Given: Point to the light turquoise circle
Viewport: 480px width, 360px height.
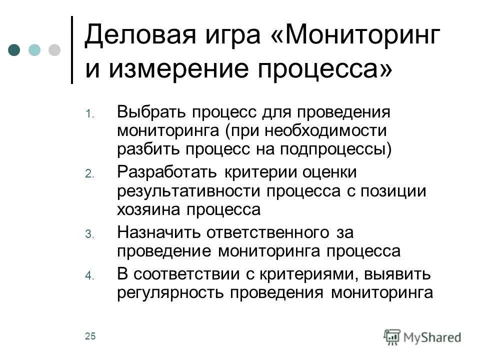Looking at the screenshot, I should [34, 50].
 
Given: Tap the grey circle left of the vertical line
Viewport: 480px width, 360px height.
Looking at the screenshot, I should [53, 50].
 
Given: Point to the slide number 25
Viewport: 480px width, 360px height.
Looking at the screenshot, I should [90, 336].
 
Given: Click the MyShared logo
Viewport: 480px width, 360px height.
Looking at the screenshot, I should [422, 336].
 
